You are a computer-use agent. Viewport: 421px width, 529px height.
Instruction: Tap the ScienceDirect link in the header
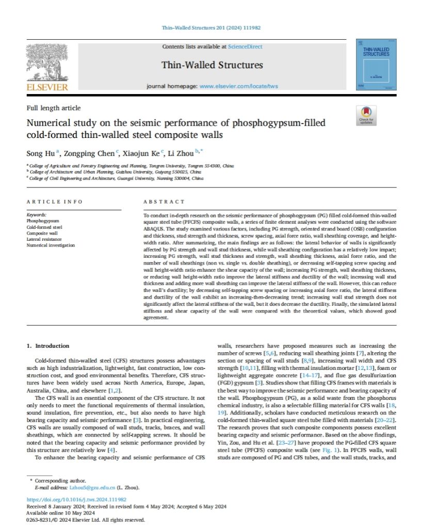245,46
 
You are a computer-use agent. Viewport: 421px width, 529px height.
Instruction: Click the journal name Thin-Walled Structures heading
212,65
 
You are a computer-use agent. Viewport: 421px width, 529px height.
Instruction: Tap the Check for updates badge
366,115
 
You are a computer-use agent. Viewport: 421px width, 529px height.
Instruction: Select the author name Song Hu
38,153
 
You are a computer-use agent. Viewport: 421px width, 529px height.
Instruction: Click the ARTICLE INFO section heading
54,201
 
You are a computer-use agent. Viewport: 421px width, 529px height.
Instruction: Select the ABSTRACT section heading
164,201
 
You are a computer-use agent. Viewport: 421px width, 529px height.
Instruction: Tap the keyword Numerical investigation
51,245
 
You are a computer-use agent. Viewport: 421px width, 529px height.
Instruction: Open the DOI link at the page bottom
76,500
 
